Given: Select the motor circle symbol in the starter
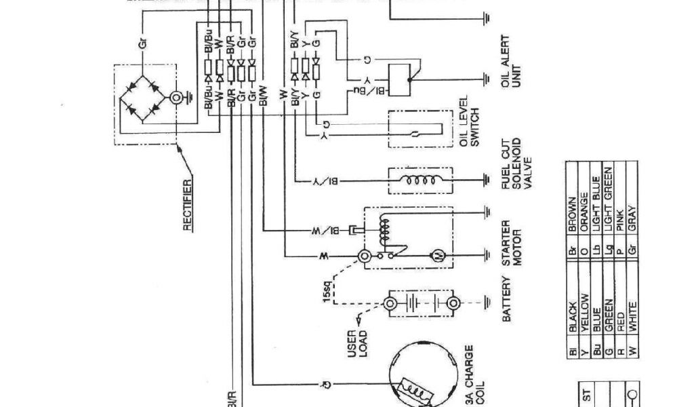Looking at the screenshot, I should [437, 256].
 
